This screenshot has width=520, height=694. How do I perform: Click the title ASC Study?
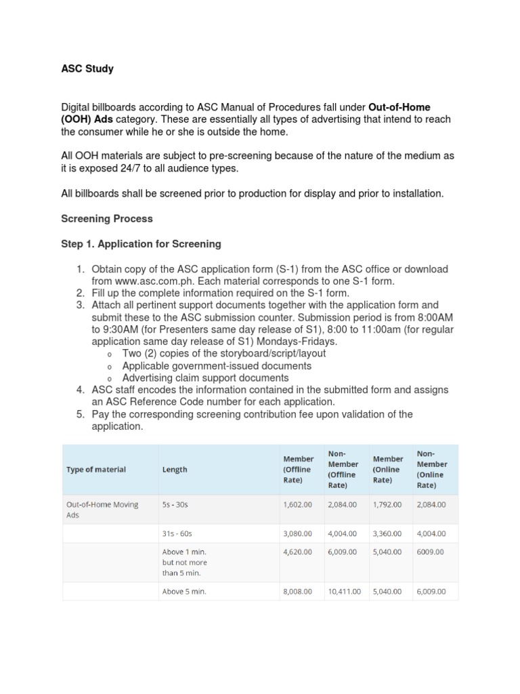87,68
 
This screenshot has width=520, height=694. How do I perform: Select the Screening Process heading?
107,219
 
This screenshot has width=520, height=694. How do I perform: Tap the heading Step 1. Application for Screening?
141,244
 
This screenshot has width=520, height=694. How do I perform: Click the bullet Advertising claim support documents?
205,378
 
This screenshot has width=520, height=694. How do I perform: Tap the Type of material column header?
95,469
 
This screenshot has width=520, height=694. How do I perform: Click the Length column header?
175,469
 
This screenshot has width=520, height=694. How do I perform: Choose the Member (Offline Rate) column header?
298,469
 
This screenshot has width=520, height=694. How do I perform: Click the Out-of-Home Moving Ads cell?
102,510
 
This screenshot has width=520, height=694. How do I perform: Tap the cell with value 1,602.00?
297,504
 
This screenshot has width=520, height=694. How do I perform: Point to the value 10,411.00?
344,591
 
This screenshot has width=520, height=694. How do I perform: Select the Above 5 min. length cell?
184,591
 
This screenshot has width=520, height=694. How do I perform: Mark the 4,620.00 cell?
297,552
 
